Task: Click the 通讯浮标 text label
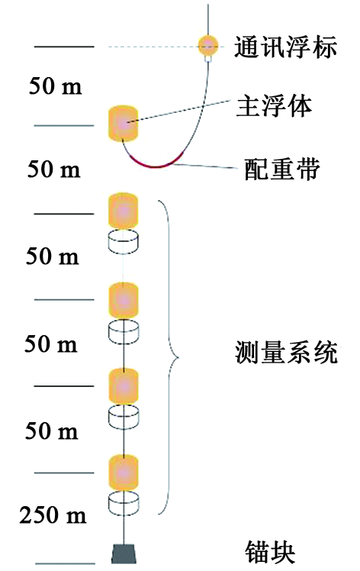click(x=285, y=47)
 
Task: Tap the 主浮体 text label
click(x=274, y=107)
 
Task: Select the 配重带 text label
click(x=281, y=169)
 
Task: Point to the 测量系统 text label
click(x=286, y=352)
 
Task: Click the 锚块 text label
click(x=269, y=552)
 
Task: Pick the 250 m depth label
click(x=53, y=515)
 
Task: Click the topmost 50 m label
click(x=56, y=86)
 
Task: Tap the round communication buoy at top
click(x=208, y=46)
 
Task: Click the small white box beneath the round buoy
click(x=208, y=59)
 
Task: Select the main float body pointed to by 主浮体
click(x=124, y=124)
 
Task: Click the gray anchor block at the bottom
click(x=124, y=553)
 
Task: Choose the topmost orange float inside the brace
click(x=124, y=211)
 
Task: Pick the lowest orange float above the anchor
click(x=124, y=472)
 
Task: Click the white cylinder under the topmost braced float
click(x=124, y=240)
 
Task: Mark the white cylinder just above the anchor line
click(x=124, y=503)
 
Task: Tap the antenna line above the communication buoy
click(x=208, y=20)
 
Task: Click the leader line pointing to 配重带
click(x=206, y=166)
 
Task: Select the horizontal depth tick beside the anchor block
click(x=64, y=563)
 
